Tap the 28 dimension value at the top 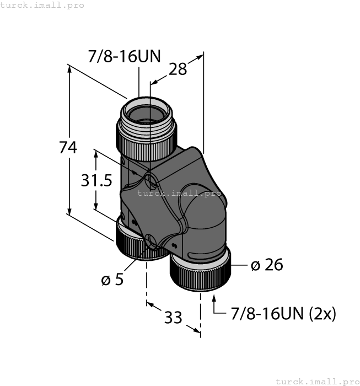pos(178,69)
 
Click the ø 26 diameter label pos(266,265)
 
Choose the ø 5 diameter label pos(112,280)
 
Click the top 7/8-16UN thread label pos(124,56)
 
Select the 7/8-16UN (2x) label pos(283,314)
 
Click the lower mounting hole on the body pos(150,240)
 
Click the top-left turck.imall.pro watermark pos(42,5)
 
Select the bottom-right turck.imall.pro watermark pos(316,381)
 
